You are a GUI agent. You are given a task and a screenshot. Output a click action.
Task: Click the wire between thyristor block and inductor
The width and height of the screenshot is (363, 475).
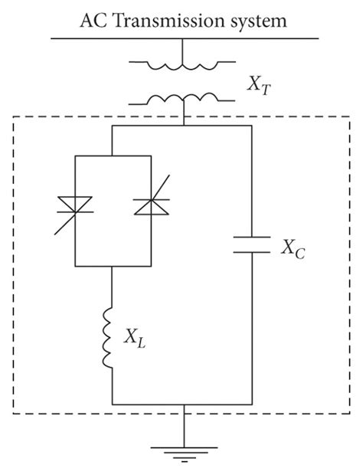point(113,287)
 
